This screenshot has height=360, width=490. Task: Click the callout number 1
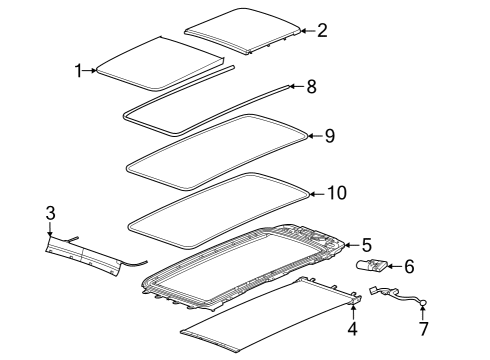click(x=79, y=70)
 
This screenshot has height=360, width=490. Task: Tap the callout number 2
click(x=322, y=30)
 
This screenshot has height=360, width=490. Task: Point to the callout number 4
click(x=352, y=329)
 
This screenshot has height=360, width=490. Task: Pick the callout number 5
click(x=367, y=243)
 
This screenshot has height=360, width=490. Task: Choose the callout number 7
click(x=422, y=327)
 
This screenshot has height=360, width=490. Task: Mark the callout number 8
click(x=311, y=87)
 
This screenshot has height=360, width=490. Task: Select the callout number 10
click(x=337, y=192)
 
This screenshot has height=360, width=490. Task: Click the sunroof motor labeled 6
click(x=374, y=266)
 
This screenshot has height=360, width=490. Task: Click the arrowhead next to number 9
click(x=310, y=136)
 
